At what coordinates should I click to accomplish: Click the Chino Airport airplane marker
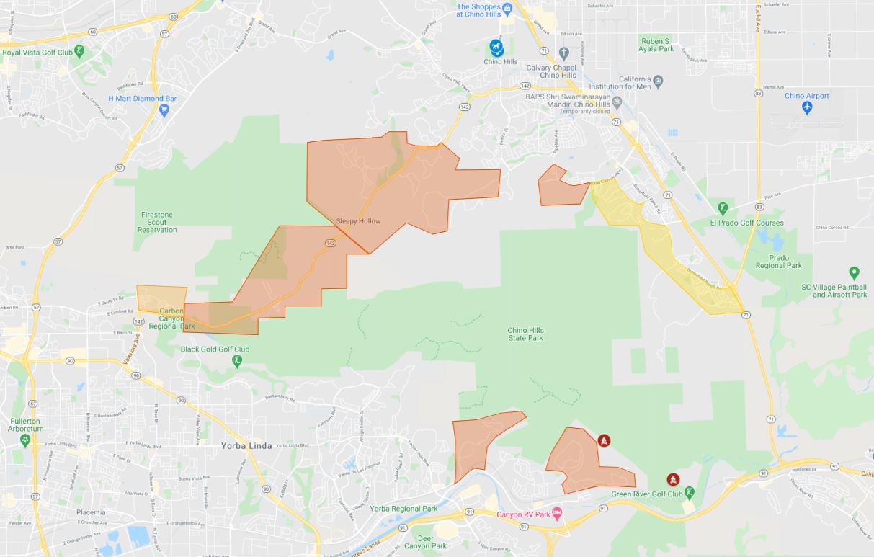click(807, 107)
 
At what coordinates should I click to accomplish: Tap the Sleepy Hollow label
click(358, 221)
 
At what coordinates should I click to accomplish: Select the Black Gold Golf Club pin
click(237, 361)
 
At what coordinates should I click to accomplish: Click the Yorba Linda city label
click(246, 446)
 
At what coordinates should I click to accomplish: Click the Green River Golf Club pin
click(690, 493)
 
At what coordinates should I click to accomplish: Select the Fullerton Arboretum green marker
click(26, 438)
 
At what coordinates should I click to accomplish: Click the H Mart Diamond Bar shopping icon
click(164, 110)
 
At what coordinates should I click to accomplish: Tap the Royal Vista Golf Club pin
click(79, 51)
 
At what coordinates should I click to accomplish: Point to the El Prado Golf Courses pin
click(723, 209)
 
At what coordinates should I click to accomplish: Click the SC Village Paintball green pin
click(854, 273)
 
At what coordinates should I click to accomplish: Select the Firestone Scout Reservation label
click(157, 222)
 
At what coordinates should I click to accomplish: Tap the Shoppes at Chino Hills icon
click(507, 8)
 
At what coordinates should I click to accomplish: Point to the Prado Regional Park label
click(778, 262)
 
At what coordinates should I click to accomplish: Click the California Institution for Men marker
click(659, 79)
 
